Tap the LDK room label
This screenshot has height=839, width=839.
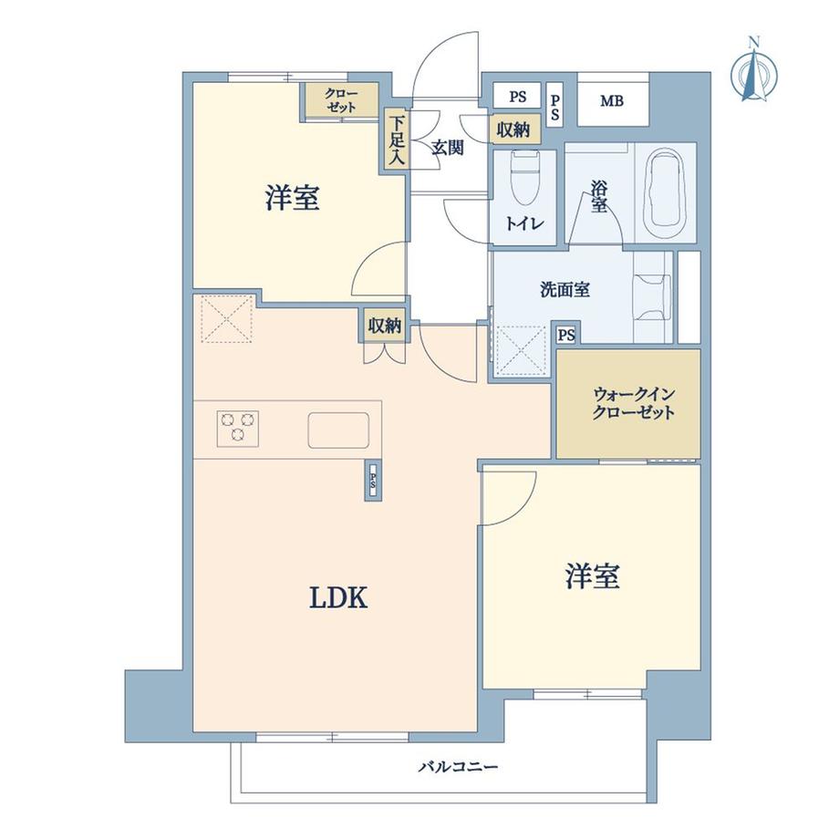(338, 598)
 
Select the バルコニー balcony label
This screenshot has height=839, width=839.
(458, 767)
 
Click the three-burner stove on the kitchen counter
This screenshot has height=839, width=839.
(238, 429)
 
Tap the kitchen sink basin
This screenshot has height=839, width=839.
(338, 430)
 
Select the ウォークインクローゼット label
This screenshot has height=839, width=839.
(634, 404)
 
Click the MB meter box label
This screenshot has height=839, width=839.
(612, 100)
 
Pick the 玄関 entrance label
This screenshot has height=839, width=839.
(448, 148)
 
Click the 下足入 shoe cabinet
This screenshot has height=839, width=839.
(397, 140)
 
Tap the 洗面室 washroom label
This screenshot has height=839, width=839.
(565, 289)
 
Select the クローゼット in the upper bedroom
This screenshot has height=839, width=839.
(342, 99)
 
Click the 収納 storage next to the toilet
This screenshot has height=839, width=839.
(513, 129)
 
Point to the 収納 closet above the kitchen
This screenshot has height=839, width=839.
(385, 326)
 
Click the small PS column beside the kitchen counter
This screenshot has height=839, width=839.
(373, 480)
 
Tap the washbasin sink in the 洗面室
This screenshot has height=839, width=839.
(652, 297)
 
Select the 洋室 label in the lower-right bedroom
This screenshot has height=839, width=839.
(593, 576)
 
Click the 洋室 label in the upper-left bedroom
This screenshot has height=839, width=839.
(293, 197)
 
